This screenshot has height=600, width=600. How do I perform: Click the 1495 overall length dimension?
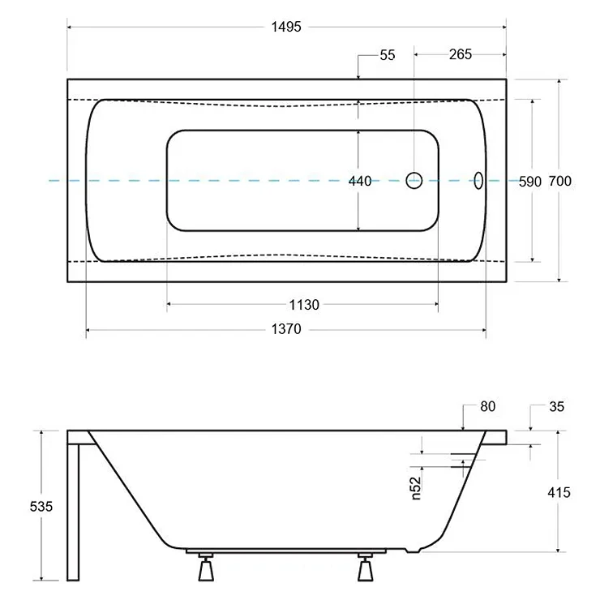tap(286, 28)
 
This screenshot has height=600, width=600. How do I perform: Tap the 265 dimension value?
tap(461, 54)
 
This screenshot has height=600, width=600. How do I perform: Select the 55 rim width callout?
tap(388, 55)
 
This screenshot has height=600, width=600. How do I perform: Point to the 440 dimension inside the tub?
tap(360, 181)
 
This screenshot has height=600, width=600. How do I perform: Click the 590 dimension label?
tap(530, 182)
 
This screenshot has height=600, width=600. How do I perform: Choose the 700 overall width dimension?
tap(559, 181)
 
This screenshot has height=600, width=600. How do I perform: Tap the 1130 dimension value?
tap(304, 305)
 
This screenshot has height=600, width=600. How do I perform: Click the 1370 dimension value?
tap(286, 329)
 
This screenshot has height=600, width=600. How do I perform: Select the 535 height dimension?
tap(41, 507)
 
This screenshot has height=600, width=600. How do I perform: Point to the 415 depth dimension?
tap(559, 492)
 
